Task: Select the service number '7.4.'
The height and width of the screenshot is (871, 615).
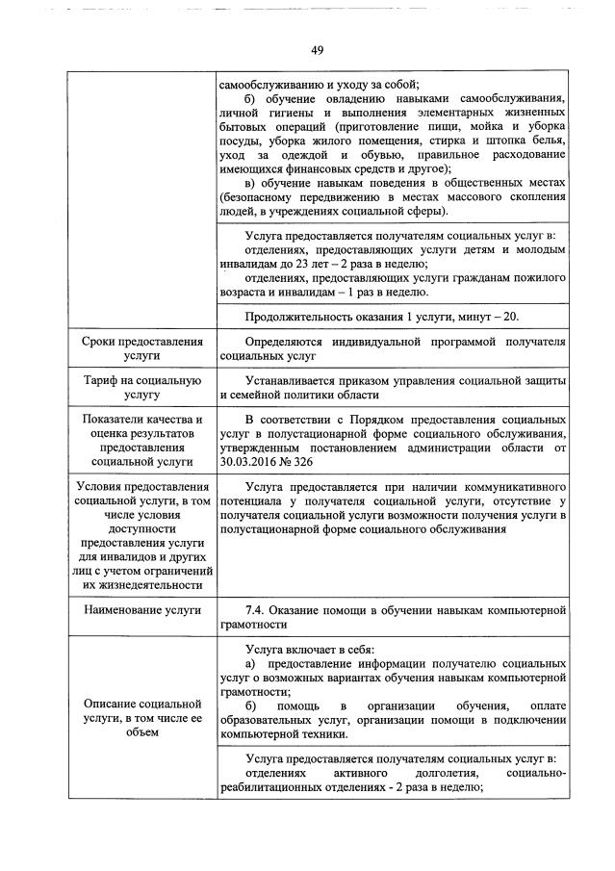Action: click(259, 610)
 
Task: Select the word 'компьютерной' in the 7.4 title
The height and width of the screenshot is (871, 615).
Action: click(525, 610)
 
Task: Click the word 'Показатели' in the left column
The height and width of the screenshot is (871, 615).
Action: click(116, 421)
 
